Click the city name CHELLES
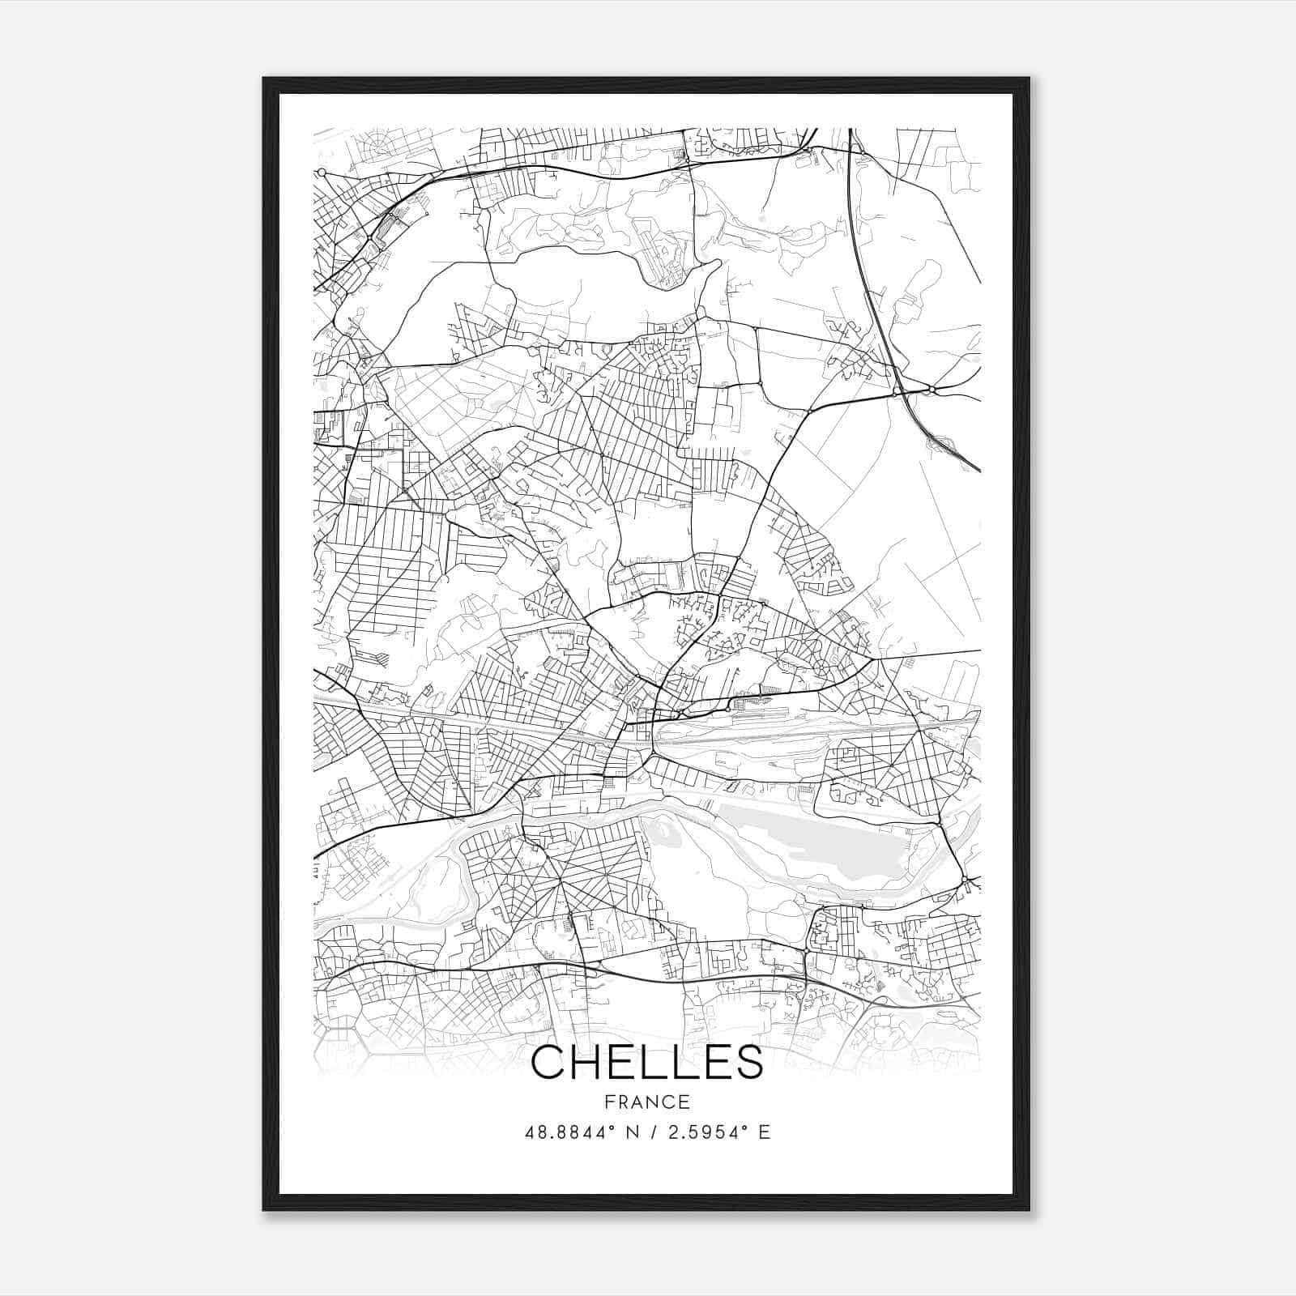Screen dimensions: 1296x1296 point(647,1062)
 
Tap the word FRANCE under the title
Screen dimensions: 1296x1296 point(647,1102)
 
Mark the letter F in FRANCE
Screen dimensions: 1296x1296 point(608,1102)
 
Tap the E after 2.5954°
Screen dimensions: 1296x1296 point(765,1132)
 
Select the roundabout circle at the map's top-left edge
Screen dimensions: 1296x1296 point(322,173)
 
